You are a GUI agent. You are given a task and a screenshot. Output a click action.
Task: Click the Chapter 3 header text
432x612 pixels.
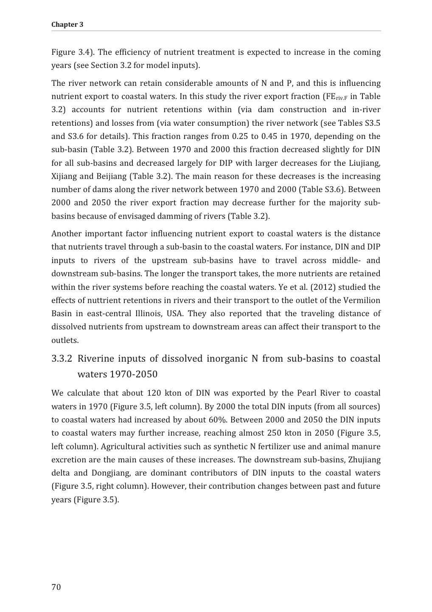(67, 25)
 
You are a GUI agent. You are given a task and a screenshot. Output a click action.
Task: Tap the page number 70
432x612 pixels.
(56, 587)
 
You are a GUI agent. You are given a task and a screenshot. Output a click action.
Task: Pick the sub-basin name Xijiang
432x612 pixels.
(64, 176)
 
